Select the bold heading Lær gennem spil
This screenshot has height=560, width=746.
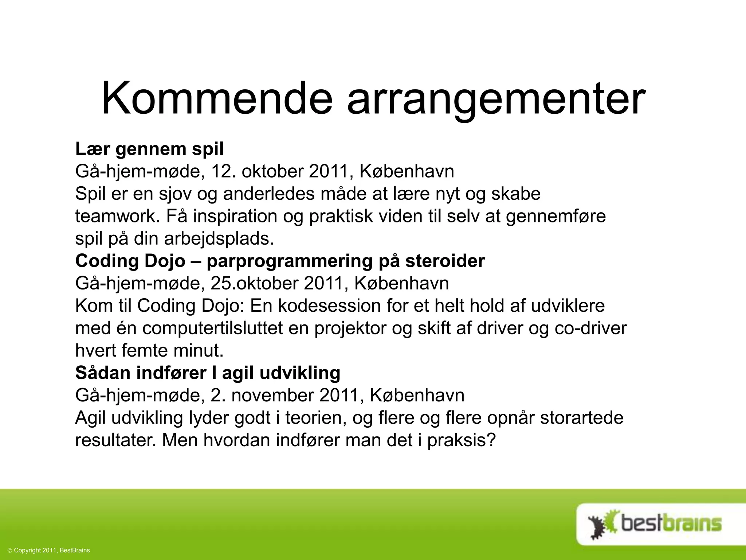(x=149, y=149)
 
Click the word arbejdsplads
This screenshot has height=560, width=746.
(x=219, y=239)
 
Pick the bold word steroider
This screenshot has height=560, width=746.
(x=445, y=261)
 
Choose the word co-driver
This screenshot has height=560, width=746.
(x=590, y=328)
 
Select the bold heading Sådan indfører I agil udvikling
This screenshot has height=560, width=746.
(x=208, y=373)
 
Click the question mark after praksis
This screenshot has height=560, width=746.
(x=492, y=440)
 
